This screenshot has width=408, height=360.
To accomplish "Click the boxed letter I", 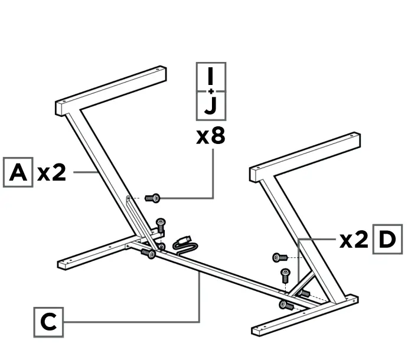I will [x=211, y=76].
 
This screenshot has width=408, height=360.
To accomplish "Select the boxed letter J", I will [x=211, y=106].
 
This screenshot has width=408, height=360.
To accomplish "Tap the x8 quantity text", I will [x=211, y=136].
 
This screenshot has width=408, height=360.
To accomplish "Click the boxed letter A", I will [x=18, y=172].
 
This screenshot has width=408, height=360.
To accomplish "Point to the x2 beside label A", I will [x=52, y=173].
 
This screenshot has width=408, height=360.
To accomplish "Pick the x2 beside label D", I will [x=354, y=240].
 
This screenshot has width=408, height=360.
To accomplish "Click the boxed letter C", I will [x=48, y=322].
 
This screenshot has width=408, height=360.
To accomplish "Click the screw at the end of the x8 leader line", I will [x=153, y=198].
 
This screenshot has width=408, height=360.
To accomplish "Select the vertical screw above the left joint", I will [x=160, y=225].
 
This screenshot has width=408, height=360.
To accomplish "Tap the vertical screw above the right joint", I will [x=285, y=274].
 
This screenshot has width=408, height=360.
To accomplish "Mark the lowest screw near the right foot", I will [x=286, y=305].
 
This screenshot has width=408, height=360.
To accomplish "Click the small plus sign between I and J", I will [x=211, y=91].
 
